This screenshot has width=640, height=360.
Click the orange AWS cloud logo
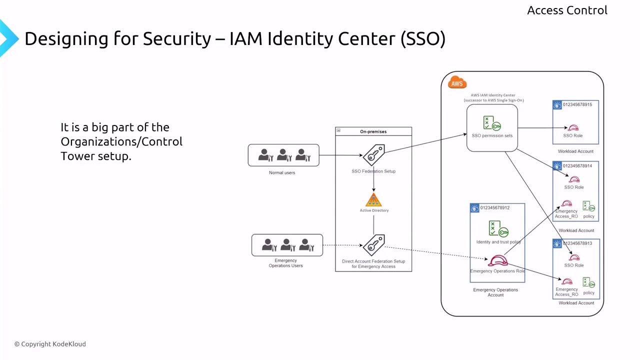coord(457,83)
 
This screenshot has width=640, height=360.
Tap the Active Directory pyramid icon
coord(373,200)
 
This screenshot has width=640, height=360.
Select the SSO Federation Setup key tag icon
coord(374,155)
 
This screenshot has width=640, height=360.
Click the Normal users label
coord(282,172)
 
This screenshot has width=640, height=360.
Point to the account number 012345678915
coord(577,104)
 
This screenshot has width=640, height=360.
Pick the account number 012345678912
coord(494,207)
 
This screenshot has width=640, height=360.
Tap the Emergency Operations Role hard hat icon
coord(497,261)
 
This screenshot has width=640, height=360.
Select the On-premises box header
coord(373,131)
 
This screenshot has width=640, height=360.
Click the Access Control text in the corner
coord(567,10)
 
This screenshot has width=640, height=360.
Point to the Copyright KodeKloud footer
coord(50,344)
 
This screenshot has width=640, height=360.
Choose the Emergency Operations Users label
coord(286,263)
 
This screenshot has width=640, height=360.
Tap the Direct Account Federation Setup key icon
coord(373,245)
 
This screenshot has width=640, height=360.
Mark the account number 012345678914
coord(577,165)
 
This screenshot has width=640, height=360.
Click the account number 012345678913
coord(577,243)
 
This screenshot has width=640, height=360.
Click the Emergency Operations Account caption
coord(495,292)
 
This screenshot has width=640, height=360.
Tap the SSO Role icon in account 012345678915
coord(573,128)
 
